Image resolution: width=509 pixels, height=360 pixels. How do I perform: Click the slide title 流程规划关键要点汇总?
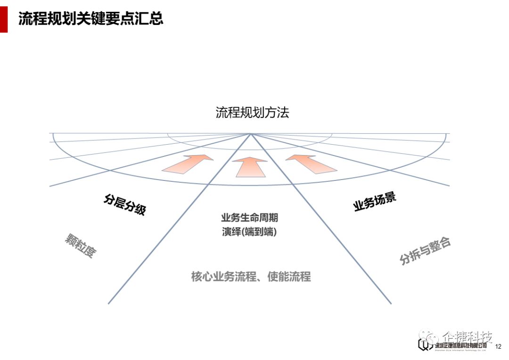90,18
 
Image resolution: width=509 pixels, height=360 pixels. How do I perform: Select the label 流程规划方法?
252,113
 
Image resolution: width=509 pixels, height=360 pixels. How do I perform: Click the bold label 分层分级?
124,205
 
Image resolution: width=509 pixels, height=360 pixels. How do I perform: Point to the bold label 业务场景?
375,202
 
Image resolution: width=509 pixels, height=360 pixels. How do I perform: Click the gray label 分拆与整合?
425,251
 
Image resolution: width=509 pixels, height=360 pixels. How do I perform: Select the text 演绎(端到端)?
249,232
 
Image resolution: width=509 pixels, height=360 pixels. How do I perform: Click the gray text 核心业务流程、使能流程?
251,276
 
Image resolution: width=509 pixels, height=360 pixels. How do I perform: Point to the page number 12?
498,347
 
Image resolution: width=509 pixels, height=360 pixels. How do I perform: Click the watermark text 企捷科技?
467,337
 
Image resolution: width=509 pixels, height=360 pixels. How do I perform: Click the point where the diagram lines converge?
251,134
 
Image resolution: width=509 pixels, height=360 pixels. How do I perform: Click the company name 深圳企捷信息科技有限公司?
460,346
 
